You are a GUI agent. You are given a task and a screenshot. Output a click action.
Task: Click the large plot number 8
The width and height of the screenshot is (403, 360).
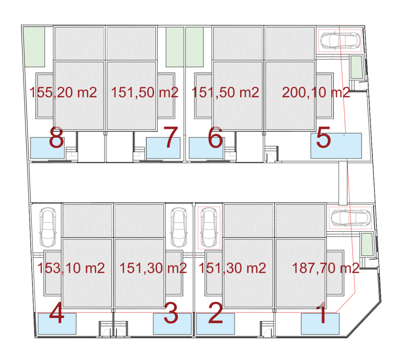(x=56, y=138)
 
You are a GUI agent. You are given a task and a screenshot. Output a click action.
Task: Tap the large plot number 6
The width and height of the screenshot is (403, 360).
(x=215, y=138)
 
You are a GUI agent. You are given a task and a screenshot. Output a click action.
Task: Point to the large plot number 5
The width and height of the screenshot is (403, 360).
(x=323, y=138)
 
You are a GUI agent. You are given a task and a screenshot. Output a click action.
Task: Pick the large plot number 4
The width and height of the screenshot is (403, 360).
(x=56, y=313)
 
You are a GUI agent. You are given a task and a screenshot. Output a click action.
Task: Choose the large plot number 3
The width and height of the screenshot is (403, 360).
(x=171, y=313)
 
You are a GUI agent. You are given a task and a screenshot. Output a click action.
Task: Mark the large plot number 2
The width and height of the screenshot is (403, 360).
(x=215, y=313)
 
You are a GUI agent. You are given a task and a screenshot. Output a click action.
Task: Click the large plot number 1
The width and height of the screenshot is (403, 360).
(x=322, y=313)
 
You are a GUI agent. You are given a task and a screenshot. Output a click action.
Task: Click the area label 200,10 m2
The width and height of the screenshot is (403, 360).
(x=316, y=92)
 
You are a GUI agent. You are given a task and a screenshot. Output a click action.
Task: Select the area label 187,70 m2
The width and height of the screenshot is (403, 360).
(x=326, y=268)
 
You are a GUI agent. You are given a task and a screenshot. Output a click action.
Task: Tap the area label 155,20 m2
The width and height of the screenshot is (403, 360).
(x=63, y=92)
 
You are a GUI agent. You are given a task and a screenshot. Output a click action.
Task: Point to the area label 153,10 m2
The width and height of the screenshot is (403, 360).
(x=71, y=268)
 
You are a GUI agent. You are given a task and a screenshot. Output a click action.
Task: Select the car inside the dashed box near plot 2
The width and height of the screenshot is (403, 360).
(x=209, y=228)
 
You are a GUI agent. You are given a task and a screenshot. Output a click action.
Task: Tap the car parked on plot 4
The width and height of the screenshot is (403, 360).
(x=48, y=228)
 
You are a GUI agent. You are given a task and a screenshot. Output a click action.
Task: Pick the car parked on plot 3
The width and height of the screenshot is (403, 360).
(x=179, y=228)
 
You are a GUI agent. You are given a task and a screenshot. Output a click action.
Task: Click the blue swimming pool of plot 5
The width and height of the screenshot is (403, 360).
(x=336, y=146)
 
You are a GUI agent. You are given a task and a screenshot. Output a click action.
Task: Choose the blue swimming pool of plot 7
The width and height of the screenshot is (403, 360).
(x=163, y=148)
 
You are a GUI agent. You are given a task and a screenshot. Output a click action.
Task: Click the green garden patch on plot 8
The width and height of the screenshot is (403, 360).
(x=34, y=47)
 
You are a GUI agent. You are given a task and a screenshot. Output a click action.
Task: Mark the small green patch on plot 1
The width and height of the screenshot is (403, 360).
(x=367, y=244)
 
